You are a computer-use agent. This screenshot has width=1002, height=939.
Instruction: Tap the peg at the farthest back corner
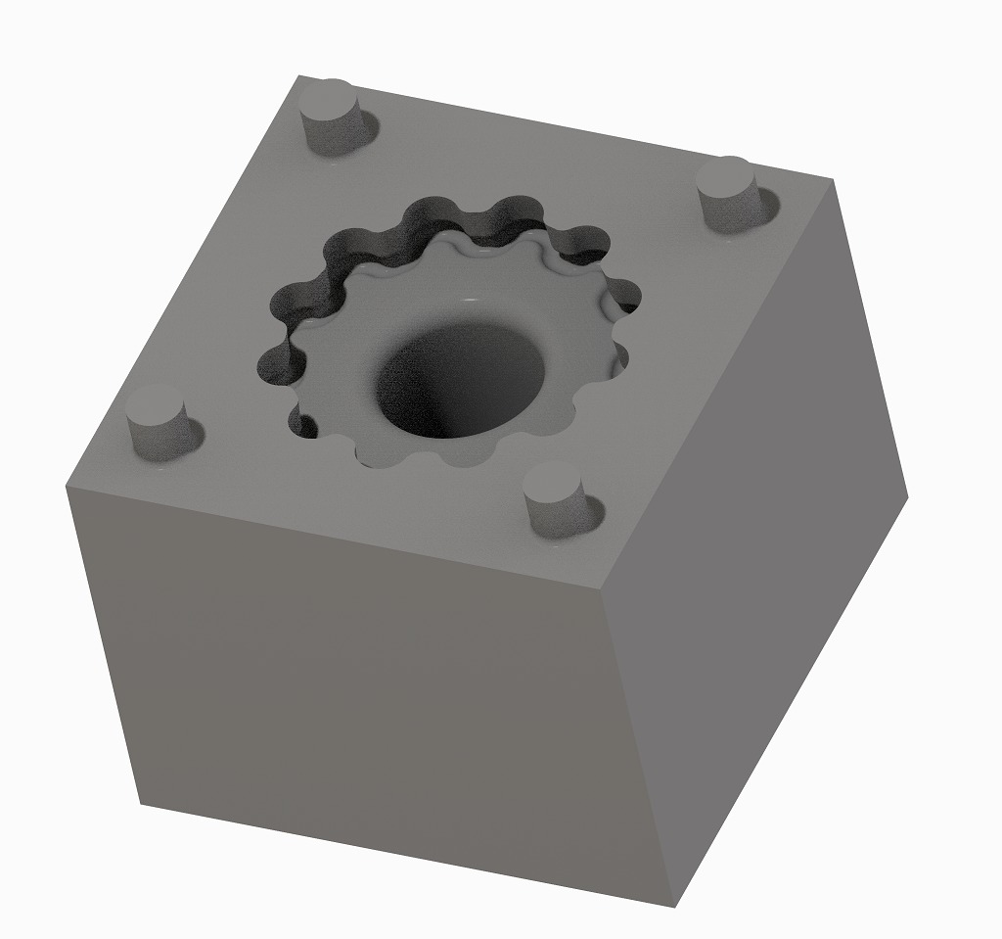click(x=332, y=115)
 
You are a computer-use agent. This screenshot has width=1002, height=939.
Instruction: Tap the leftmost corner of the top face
click(x=66, y=486)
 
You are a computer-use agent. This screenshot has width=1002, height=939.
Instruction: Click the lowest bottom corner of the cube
click(x=675, y=907)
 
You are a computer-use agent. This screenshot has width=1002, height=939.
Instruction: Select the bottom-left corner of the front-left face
click(x=140, y=805)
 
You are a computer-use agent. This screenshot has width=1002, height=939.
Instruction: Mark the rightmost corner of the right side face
click(x=908, y=496)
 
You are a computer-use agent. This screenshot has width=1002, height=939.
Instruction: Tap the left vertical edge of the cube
click(x=103, y=646)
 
